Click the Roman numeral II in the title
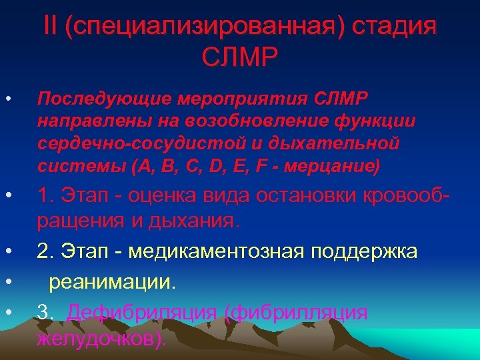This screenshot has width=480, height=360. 51,27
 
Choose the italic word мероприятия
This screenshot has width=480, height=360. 233,99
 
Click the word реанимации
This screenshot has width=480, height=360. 111,282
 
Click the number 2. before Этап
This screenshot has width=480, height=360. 46,252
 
